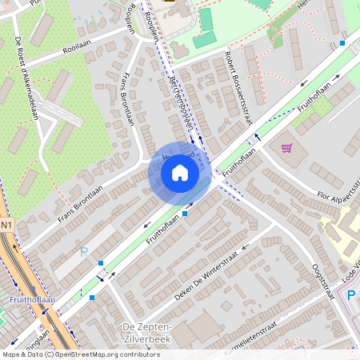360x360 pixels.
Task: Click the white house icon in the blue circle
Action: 180,173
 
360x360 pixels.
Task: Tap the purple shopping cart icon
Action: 286,148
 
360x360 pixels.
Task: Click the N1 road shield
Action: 6,226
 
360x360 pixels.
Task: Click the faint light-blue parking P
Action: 84,251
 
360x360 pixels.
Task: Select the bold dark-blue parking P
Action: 351,295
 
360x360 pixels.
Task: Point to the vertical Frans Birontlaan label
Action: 126,101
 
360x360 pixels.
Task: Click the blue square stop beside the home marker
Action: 186,213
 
